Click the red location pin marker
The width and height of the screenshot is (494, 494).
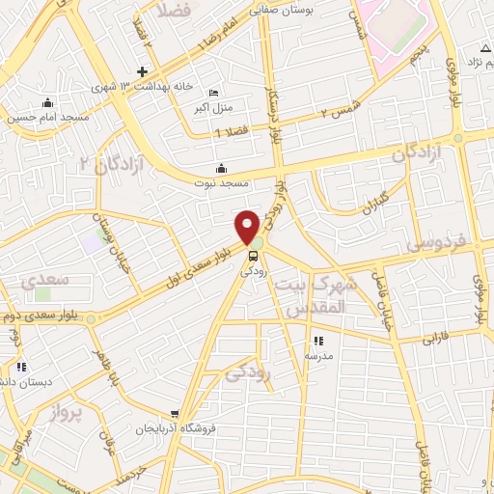pos(248,226)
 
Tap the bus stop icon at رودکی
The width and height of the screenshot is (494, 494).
pos(253,256)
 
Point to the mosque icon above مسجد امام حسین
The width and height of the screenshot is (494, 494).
pos(46,103)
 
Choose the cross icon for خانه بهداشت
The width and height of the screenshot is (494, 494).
pos(142,71)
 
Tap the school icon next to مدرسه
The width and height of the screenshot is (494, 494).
pos(317,340)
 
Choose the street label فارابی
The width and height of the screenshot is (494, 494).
pos(437,339)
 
